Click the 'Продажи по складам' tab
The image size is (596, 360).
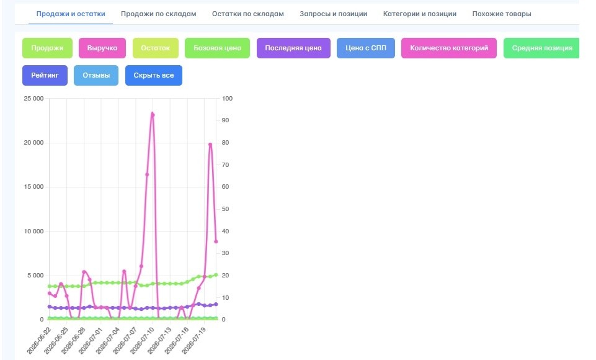(x=159, y=14)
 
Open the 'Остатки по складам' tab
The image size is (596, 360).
(x=248, y=14)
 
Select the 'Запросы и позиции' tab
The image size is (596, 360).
(x=333, y=14)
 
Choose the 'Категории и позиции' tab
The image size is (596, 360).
(x=420, y=14)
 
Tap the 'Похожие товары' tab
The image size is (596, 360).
(x=502, y=14)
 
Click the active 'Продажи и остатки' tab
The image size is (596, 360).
(x=71, y=14)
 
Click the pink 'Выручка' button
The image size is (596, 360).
(x=102, y=48)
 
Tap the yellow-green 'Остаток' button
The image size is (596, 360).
(x=156, y=48)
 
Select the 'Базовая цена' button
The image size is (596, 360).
(x=218, y=48)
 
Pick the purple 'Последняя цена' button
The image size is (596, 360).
(x=293, y=48)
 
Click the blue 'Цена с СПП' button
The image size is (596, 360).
(x=366, y=48)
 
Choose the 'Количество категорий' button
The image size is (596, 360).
(x=449, y=48)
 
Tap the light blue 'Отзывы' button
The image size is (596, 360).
(x=96, y=75)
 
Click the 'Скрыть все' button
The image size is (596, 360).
(x=154, y=75)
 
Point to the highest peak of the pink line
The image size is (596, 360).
(x=153, y=114)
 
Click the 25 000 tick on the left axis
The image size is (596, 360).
(x=34, y=99)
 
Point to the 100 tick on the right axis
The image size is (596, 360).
(x=228, y=99)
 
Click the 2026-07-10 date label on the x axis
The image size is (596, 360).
(x=142, y=340)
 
